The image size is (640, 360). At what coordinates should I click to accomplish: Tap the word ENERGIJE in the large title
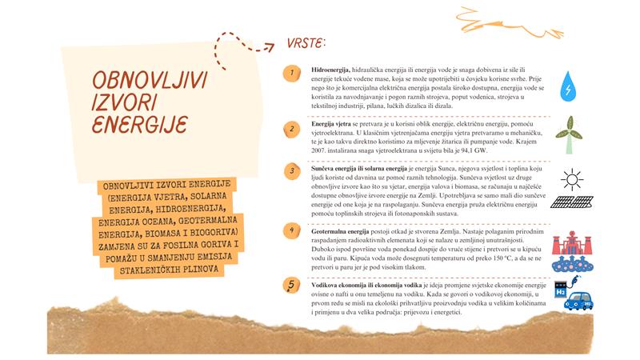click(x=139, y=125)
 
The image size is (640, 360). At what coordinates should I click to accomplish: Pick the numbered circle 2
click(x=294, y=127)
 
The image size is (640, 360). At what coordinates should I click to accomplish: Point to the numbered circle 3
click(x=294, y=170)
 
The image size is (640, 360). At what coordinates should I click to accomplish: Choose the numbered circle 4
click(x=294, y=230)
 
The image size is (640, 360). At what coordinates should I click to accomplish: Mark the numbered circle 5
click(x=294, y=285)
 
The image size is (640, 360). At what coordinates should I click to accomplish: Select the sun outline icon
click(x=572, y=178)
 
